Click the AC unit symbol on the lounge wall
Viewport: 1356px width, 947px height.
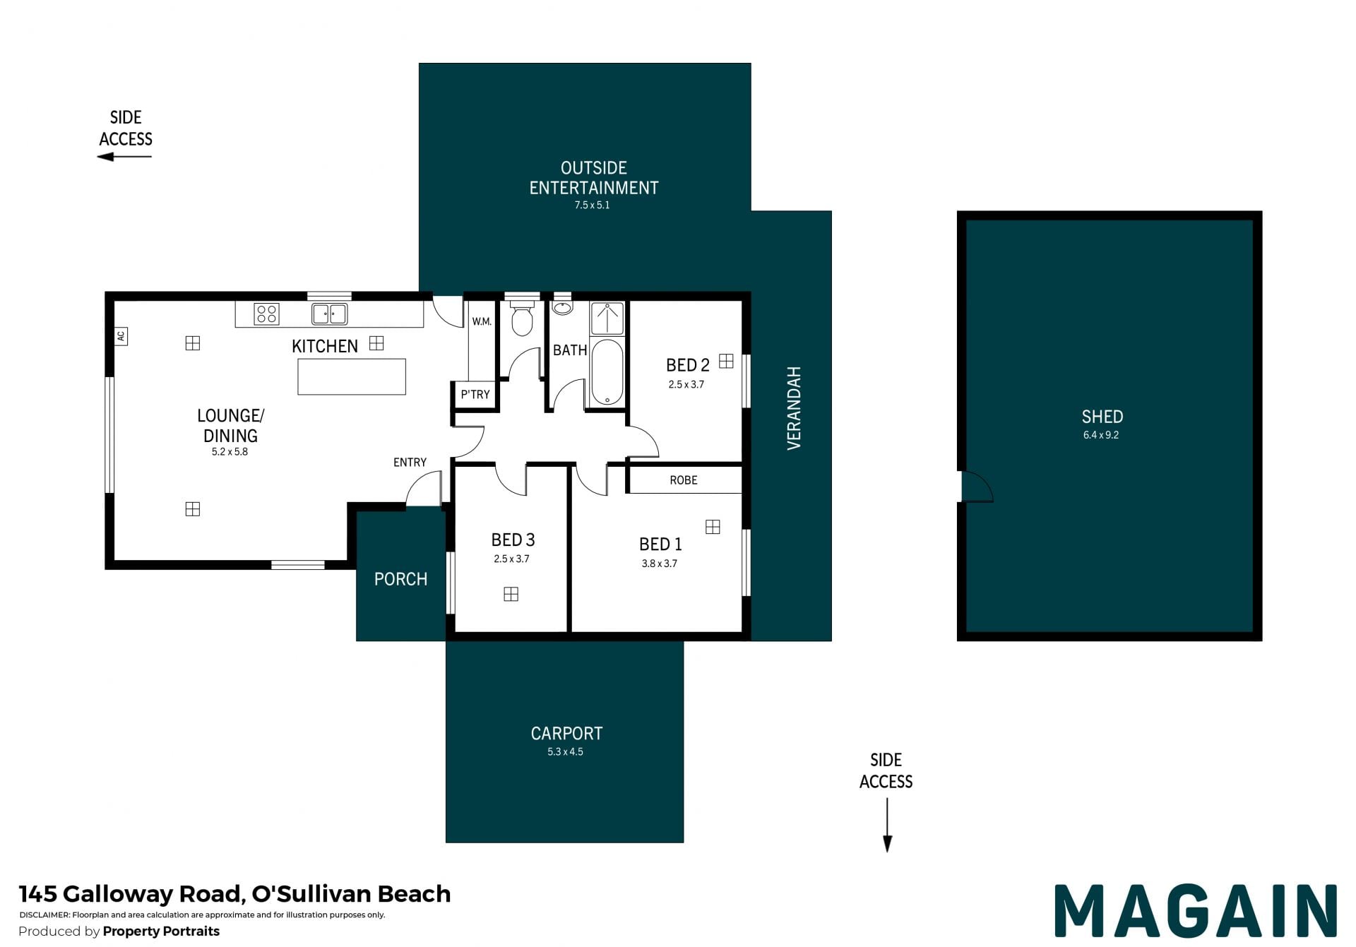pyautogui.click(x=121, y=336)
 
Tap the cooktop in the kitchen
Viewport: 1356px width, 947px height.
pyautogui.click(x=266, y=314)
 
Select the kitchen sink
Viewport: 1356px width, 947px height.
pyautogui.click(x=330, y=314)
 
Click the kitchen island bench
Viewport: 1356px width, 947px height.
pyautogui.click(x=352, y=376)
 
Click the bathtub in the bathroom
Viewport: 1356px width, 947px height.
pyautogui.click(x=607, y=372)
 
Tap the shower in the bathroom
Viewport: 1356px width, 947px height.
pyautogui.click(x=607, y=318)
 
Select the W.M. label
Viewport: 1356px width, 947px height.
pyautogui.click(x=482, y=322)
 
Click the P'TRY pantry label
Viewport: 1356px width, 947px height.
pyautogui.click(x=475, y=395)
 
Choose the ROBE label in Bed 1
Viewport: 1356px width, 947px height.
pyautogui.click(x=684, y=480)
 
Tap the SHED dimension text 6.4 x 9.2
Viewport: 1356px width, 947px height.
pyautogui.click(x=1101, y=435)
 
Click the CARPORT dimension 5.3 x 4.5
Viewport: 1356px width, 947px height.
pyautogui.click(x=565, y=752)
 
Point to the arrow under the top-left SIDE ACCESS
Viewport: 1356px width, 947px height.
pyautogui.click(x=124, y=156)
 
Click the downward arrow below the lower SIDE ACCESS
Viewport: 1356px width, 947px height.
pyautogui.click(x=887, y=826)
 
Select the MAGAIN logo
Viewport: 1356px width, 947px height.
pyautogui.click(x=1196, y=911)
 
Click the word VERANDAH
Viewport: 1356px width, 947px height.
pyautogui.click(x=794, y=408)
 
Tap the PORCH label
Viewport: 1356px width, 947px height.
pyautogui.click(x=400, y=579)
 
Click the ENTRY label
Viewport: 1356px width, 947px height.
pyautogui.click(x=410, y=463)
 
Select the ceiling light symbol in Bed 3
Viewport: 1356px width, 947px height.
pyautogui.click(x=511, y=595)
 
